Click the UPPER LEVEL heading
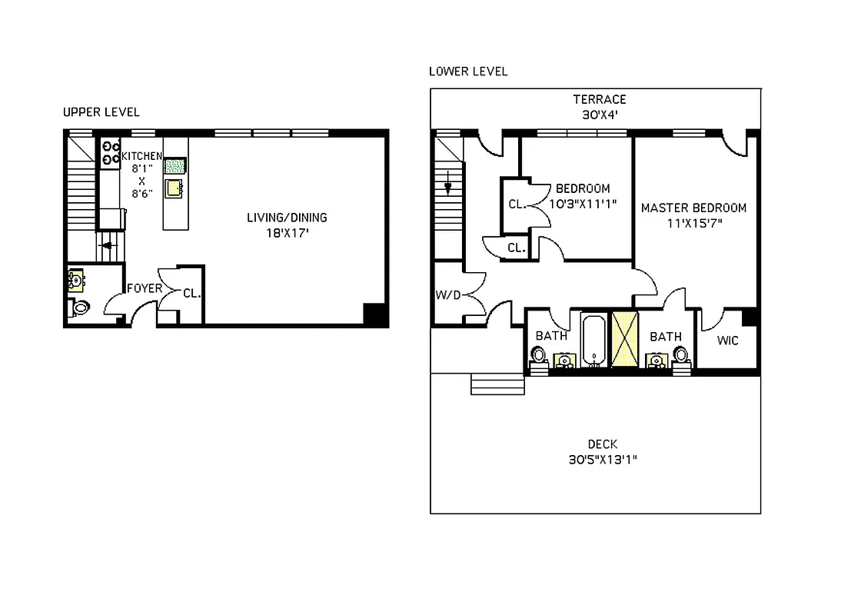pyautogui.click(x=101, y=112)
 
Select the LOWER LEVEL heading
pyautogui.click(x=467, y=71)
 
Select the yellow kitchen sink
pyautogui.click(x=174, y=188)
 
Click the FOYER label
pyautogui.click(x=145, y=289)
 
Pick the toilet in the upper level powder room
pyautogui.click(x=80, y=308)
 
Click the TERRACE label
pyautogui.click(x=599, y=99)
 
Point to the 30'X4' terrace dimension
pyautogui.click(x=599, y=115)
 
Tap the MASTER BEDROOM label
pyautogui.click(x=693, y=208)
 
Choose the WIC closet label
pyautogui.click(x=727, y=341)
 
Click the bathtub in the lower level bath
pyautogui.click(x=593, y=341)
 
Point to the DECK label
pyautogui.click(x=602, y=444)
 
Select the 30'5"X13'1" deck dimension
pyautogui.click(x=602, y=460)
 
